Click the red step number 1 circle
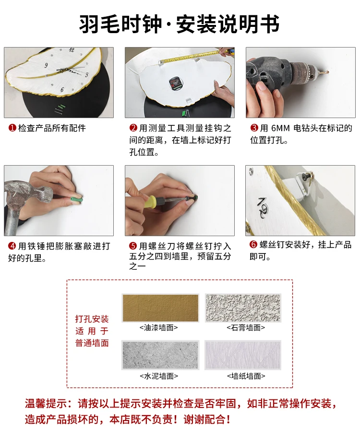(12, 128)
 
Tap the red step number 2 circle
(133, 128)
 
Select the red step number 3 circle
(254, 128)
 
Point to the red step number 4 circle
(12, 246)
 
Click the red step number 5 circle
(133, 246)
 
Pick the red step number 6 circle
(253, 244)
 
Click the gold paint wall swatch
(160, 308)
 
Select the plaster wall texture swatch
(243, 308)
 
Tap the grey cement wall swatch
(160, 355)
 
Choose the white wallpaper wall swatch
(243, 355)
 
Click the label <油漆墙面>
(159, 328)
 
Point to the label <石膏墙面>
(246, 328)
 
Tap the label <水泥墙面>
(159, 376)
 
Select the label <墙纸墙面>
(246, 376)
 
